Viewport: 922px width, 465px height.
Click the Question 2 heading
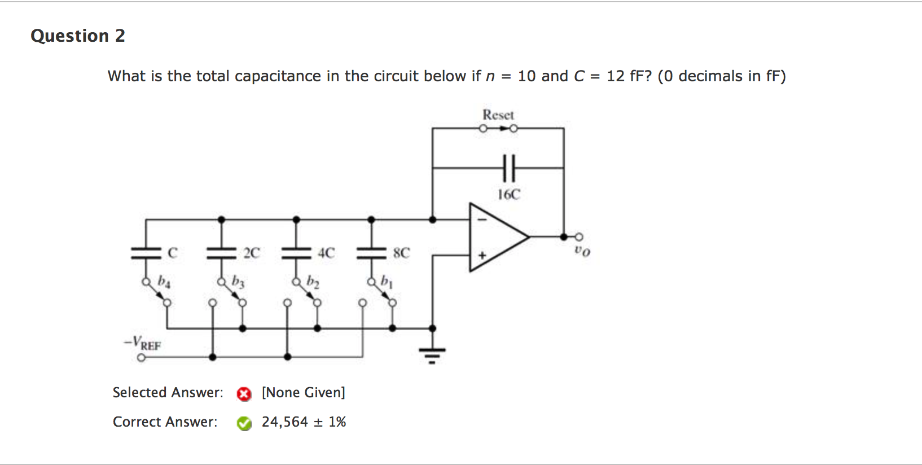pyautogui.click(x=77, y=36)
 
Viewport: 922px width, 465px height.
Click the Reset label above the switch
pyautogui.click(x=498, y=115)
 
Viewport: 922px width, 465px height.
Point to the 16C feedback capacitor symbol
pyautogui.click(x=508, y=168)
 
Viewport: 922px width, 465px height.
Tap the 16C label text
pyautogui.click(x=508, y=195)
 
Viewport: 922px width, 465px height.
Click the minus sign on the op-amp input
pyautogui.click(x=482, y=220)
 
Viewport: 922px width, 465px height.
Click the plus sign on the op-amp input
pyautogui.click(x=482, y=256)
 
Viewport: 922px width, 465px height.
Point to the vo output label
pyautogui.click(x=582, y=251)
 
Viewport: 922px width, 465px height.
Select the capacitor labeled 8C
pyautogui.click(x=371, y=253)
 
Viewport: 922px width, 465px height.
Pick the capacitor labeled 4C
pyautogui.click(x=296, y=253)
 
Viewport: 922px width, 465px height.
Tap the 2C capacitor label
pyautogui.click(x=252, y=253)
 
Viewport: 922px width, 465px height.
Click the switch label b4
pyautogui.click(x=164, y=280)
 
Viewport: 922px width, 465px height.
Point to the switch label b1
pyautogui.click(x=387, y=280)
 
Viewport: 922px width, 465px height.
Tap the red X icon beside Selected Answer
pyautogui.click(x=244, y=394)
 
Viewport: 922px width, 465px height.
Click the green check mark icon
pyautogui.click(x=244, y=423)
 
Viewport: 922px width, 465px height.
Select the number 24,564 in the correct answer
pyautogui.click(x=284, y=422)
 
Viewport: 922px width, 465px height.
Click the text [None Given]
pyautogui.click(x=303, y=392)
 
